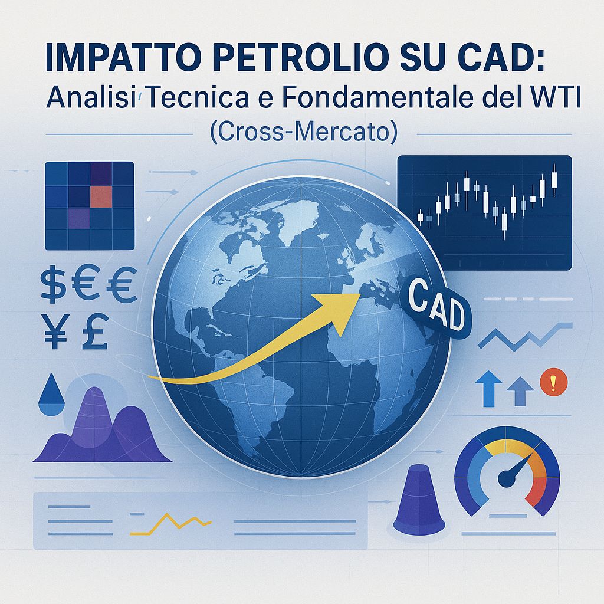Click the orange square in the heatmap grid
click(x=100, y=195)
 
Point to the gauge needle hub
click(x=506, y=481)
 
